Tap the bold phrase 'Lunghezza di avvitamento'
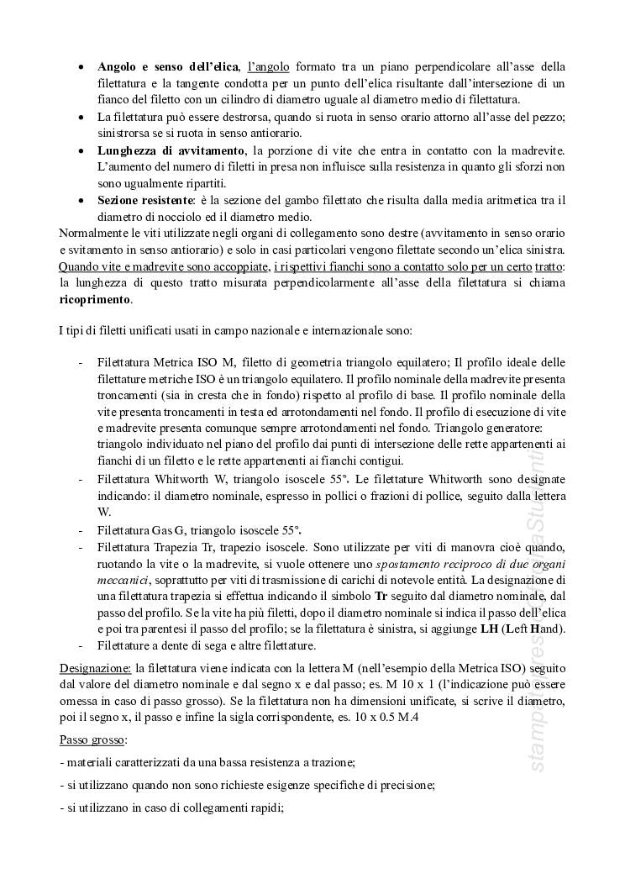(x=171, y=150)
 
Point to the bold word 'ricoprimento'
(x=95, y=298)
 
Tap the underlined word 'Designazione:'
(x=95, y=668)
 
